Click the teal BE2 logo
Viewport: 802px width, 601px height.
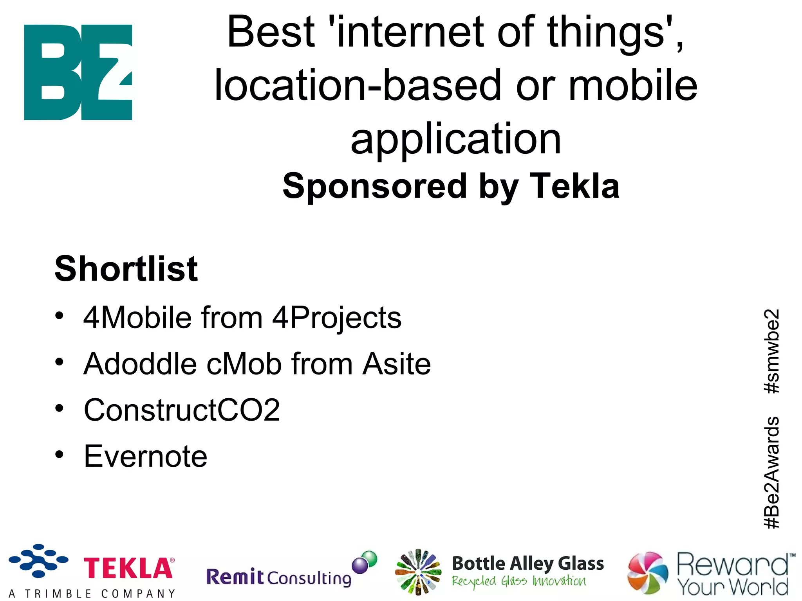(78, 72)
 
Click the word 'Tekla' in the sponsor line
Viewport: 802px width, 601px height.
(574, 186)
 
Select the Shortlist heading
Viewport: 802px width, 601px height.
(126, 269)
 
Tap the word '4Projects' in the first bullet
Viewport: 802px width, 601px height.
(337, 318)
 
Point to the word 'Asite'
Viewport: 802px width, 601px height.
(396, 364)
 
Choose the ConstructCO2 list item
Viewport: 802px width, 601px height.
(182, 410)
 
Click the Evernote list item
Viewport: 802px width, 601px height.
(145, 456)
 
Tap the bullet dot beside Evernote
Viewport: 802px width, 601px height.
(59, 454)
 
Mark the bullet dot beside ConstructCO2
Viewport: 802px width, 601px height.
(59, 408)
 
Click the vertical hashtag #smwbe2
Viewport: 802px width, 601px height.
(772, 351)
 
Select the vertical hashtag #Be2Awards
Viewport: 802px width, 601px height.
(772, 473)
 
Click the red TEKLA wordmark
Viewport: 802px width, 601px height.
(128, 568)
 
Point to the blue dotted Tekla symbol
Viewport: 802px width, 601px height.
(38, 560)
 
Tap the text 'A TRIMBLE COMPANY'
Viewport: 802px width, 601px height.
(92, 594)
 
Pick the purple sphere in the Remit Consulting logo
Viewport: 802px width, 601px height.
(359, 565)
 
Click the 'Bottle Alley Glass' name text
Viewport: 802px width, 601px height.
(528, 563)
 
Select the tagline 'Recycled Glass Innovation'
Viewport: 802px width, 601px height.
(519, 581)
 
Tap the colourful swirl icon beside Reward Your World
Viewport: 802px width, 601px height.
(647, 572)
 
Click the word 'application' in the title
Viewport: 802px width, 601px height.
(456, 139)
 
